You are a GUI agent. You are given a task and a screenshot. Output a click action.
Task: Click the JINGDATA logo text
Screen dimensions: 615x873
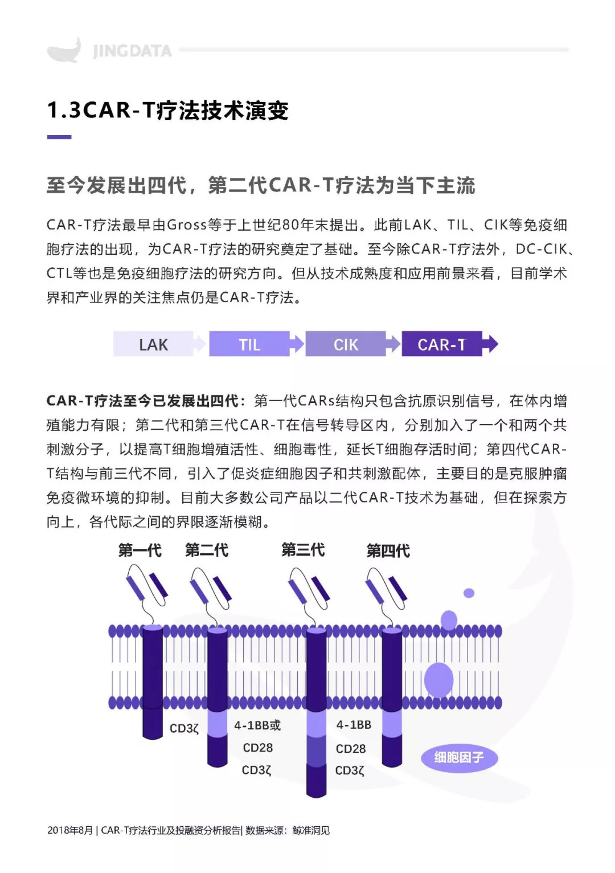coord(133,51)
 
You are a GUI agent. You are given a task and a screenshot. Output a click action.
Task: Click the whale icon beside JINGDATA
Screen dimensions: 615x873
coord(64,50)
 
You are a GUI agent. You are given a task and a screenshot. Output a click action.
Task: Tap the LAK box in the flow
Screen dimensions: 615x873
coord(153,344)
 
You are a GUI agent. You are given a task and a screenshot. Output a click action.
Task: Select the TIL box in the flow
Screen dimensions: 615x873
coord(249,344)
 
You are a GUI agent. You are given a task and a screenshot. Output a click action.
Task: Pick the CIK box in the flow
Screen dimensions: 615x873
coord(346,344)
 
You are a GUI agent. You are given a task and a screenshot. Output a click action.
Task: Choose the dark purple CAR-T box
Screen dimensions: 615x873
coord(442,344)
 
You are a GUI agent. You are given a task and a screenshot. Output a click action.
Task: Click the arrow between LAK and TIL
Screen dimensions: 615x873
coord(199,344)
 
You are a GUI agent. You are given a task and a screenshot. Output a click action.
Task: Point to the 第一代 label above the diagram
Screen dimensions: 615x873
coord(140,550)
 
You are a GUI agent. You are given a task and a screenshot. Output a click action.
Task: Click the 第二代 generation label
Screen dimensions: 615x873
coord(207,550)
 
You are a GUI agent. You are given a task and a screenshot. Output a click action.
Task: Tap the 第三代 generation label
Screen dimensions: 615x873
coord(303,549)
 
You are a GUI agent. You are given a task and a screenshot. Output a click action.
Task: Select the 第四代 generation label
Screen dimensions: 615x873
coord(388,550)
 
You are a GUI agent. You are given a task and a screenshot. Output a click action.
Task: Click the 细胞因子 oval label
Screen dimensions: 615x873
coord(460,757)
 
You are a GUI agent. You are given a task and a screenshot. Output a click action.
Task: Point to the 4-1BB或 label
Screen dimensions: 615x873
coord(257,725)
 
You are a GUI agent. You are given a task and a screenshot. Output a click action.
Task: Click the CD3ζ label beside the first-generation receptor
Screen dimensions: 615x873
coord(184,728)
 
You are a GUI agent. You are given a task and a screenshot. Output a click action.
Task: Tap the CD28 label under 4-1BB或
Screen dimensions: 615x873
coord(258,748)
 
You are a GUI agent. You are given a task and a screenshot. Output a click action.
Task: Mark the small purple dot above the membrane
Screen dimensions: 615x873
coord(469,593)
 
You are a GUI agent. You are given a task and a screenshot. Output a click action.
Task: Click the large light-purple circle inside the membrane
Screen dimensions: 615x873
coord(438,680)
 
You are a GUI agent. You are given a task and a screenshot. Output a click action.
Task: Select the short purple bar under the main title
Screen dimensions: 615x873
coord(59,137)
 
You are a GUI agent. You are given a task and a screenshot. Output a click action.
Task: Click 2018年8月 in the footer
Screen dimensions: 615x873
coord(70,830)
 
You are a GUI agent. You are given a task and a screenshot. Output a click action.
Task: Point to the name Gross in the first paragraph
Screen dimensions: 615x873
coord(187,225)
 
